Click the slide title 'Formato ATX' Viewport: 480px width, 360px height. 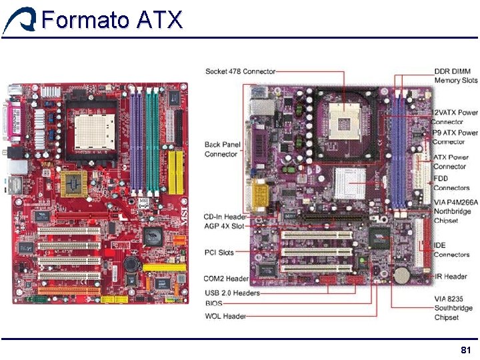111,20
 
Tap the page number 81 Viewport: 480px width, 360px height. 466,350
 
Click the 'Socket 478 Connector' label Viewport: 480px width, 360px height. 240,71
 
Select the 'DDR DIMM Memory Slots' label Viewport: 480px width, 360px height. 455,75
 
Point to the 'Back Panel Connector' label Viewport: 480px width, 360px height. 221,149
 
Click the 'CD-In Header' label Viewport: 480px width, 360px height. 225,216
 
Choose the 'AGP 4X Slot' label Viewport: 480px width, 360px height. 224,226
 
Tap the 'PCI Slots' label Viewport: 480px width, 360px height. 219,253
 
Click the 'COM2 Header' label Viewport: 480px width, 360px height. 226,279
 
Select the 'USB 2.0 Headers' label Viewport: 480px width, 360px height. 232,293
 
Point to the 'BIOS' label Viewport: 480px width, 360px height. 214,303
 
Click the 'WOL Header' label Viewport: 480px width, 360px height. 225,316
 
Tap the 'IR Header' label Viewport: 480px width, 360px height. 451,276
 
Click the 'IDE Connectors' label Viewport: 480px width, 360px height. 451,250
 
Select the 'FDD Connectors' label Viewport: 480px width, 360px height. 451,183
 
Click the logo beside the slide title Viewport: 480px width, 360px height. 19,21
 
